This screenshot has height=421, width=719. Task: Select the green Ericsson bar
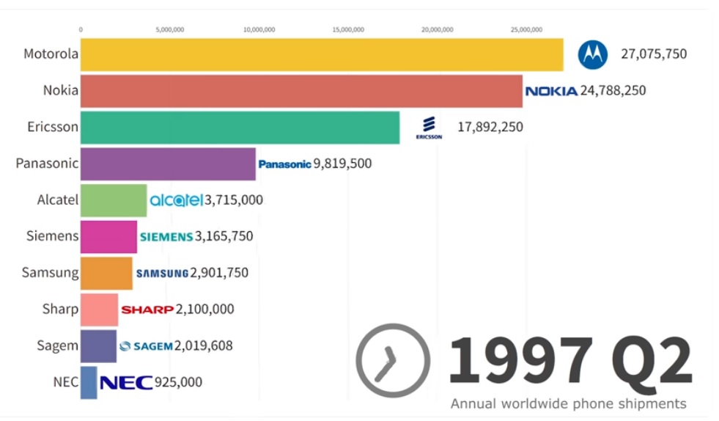tap(240, 128)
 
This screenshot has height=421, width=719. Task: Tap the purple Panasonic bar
tap(168, 164)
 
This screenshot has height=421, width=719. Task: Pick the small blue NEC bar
tap(89, 382)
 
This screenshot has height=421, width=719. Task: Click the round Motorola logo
tap(593, 54)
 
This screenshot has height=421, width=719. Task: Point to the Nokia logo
tap(551, 91)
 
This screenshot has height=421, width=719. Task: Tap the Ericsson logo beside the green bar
tap(429, 127)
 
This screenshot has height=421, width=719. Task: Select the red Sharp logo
tap(147, 310)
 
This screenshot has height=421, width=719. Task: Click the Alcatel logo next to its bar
tap(176, 200)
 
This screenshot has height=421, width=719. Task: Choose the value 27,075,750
tap(654, 54)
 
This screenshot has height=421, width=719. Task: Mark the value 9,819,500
tap(342, 164)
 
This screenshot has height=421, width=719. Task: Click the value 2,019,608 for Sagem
tap(203, 345)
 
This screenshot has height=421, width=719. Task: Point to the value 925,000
tap(178, 382)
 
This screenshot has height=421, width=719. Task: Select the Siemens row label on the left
tap(51, 236)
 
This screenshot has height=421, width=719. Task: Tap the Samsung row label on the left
tap(50, 273)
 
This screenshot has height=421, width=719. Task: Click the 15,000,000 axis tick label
tap(348, 30)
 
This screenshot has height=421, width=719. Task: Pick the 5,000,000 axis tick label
tap(170, 30)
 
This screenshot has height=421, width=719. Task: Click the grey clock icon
tap(393, 361)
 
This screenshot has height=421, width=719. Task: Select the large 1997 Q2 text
tap(569, 360)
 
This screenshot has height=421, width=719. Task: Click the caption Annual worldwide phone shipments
tap(568, 404)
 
